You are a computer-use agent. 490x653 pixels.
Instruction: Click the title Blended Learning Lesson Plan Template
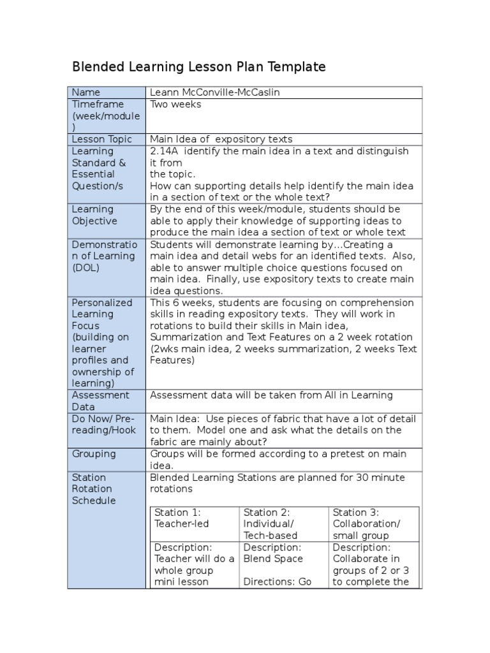coord(198,67)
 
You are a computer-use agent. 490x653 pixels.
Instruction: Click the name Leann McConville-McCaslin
coord(214,92)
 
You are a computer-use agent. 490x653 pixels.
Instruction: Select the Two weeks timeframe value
coord(175,104)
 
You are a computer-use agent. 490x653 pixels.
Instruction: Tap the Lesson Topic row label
coord(102,139)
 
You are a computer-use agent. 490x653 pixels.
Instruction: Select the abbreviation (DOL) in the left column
coord(86,268)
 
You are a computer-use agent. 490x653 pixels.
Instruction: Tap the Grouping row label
coord(94,453)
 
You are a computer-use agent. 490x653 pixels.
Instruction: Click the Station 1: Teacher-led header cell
coord(182,518)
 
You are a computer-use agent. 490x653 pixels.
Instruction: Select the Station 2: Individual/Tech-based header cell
coord(271,524)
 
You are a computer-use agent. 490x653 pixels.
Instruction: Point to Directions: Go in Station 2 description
coord(277,582)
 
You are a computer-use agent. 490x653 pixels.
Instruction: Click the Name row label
coord(86,92)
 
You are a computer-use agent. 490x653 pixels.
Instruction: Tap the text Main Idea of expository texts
coord(221,139)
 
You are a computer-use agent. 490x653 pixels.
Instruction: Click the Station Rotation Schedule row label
coord(94,488)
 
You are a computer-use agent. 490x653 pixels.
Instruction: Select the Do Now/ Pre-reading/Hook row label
coord(103,424)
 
